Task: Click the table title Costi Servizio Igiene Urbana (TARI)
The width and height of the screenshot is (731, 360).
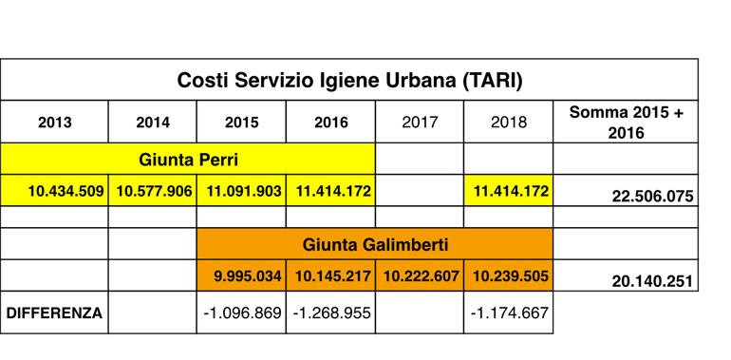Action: [349, 80]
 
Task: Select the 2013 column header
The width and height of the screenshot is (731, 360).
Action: [55, 123]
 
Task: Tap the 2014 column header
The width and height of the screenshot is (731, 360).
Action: [153, 123]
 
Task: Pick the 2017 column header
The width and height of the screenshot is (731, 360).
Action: [420, 123]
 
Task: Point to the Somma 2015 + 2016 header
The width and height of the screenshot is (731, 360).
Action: [627, 123]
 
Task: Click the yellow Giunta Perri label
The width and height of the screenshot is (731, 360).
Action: [188, 160]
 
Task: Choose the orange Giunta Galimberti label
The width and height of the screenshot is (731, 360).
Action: [375, 245]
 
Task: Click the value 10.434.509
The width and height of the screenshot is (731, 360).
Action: [66, 191]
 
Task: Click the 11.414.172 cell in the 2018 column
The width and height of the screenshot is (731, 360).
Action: [511, 191]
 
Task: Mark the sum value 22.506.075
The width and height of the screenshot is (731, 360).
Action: [653, 197]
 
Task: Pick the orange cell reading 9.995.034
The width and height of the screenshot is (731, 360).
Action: [248, 276]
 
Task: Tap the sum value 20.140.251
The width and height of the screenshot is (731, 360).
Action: [653, 281]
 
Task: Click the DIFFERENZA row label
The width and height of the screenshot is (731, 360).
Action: [54, 313]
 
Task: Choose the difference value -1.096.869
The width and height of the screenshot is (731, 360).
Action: [242, 313]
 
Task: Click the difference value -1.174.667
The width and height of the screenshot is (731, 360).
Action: [510, 313]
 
